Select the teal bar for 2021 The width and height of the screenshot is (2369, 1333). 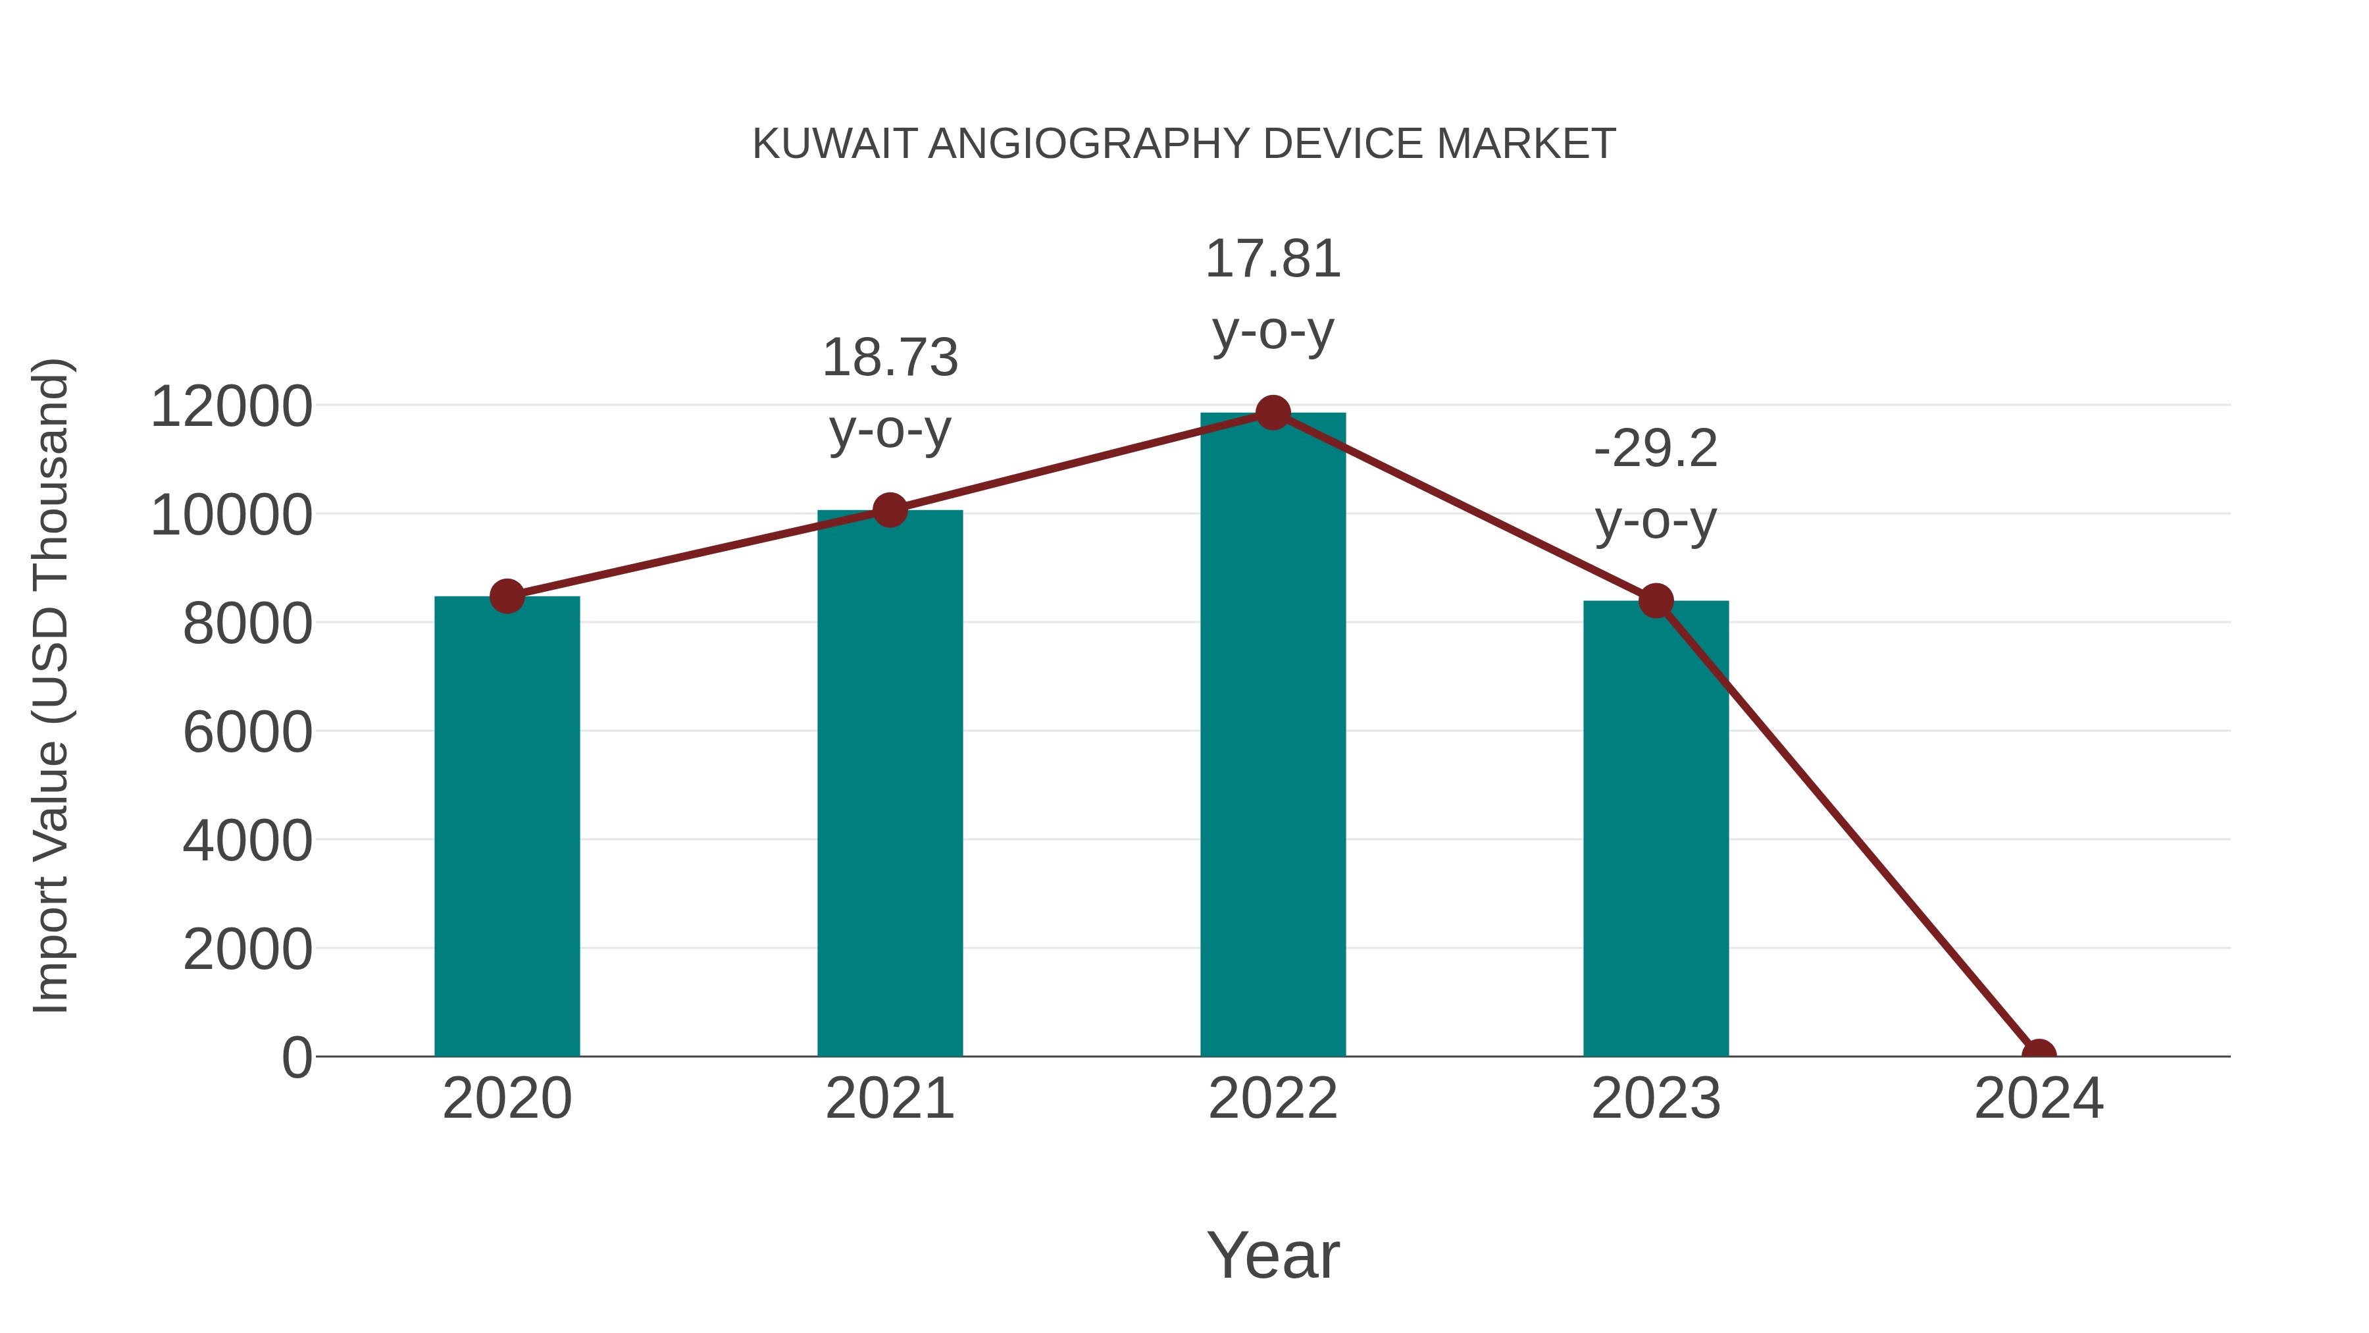click(x=889, y=783)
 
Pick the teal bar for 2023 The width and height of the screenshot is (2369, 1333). click(x=1656, y=828)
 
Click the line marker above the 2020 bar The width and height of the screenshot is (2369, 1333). click(x=507, y=596)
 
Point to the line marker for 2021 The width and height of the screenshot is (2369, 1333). click(x=889, y=510)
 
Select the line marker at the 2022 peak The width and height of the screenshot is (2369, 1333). click(x=1273, y=413)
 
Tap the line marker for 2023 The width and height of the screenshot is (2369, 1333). click(x=1656, y=601)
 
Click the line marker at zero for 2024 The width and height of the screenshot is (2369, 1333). click(x=2039, y=1055)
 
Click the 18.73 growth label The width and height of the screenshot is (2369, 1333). click(x=889, y=358)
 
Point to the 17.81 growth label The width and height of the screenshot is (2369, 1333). click(x=1273, y=259)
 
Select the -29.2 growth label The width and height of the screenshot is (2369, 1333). click(x=1656, y=449)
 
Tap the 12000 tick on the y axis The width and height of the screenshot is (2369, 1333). click(x=231, y=407)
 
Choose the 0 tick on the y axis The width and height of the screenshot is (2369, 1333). click(x=297, y=1058)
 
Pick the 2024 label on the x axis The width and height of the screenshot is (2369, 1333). click(x=2039, y=1099)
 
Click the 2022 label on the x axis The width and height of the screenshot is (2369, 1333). click(x=1273, y=1099)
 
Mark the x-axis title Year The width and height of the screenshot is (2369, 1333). click(x=1273, y=1255)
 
